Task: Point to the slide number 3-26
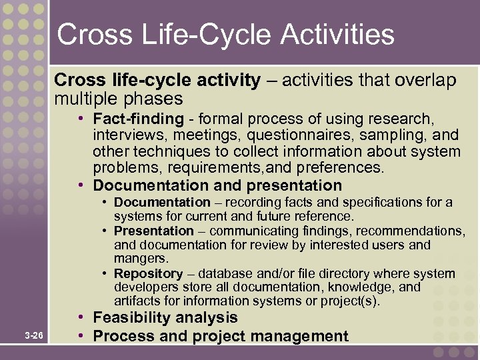pyautogui.click(x=34, y=336)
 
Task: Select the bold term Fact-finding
pyautogui.click(x=138, y=119)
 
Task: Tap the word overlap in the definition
pyautogui.click(x=425, y=81)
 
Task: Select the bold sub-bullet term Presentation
pyautogui.click(x=153, y=231)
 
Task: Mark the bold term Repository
pyautogui.click(x=148, y=274)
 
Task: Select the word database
pyautogui.click(x=223, y=274)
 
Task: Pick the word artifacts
pyautogui.click(x=135, y=301)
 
